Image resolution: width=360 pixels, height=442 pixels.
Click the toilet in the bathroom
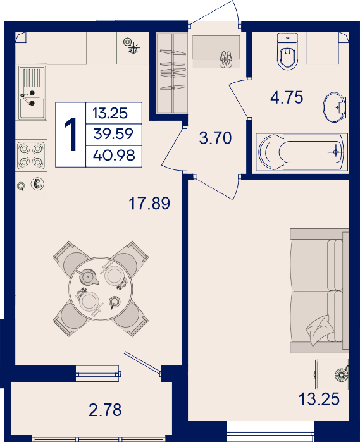pyautogui.click(x=287, y=51)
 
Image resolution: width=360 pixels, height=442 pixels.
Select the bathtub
pyautogui.click(x=302, y=152)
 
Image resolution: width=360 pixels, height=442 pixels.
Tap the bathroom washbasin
pyautogui.click(x=335, y=107)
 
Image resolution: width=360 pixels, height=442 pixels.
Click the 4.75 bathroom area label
pyautogui.click(x=287, y=97)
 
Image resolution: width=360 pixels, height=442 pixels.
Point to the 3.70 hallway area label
pyautogui.click(x=216, y=138)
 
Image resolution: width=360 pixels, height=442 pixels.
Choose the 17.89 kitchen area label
pyautogui.click(x=149, y=203)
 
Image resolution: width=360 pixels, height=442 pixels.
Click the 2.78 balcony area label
pyautogui.click(x=105, y=410)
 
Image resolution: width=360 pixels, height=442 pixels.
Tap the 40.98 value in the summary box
pyautogui.click(x=114, y=156)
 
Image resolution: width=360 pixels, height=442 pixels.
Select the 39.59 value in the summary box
pyautogui.click(x=113, y=133)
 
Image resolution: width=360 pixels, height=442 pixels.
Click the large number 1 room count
pyautogui.click(x=71, y=135)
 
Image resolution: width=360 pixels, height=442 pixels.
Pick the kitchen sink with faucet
pyautogui.click(x=32, y=92)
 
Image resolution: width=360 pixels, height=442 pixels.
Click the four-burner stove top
pyautogui.click(x=31, y=156)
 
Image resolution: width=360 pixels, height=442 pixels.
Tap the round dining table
pyautogui.click(x=101, y=288)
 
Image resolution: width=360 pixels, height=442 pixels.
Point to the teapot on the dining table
pyautogui.click(x=89, y=277)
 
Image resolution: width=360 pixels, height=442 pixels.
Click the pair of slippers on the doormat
pyautogui.click(x=226, y=59)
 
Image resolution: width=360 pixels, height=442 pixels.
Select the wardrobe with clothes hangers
pyautogui.click(x=172, y=73)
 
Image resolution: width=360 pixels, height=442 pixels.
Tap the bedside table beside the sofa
pyautogui.click(x=332, y=374)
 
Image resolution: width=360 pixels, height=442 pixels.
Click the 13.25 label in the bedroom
pyautogui.click(x=319, y=400)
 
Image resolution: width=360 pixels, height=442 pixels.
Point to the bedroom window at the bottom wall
pyautogui.click(x=270, y=431)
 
